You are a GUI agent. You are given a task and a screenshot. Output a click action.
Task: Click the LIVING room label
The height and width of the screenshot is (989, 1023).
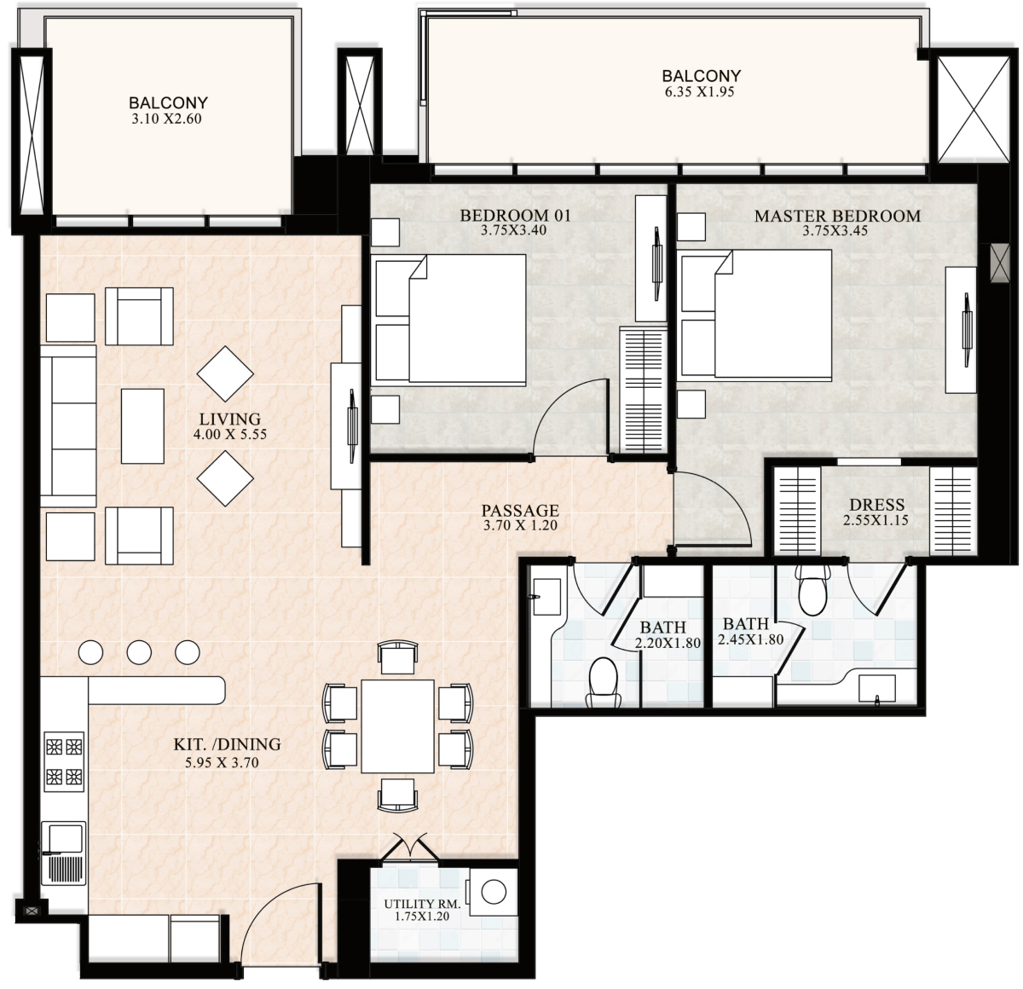(229, 419)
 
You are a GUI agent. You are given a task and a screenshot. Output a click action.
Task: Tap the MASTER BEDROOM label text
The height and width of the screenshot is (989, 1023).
(837, 216)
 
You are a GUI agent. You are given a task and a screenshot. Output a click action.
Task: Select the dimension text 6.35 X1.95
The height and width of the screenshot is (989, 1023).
(700, 92)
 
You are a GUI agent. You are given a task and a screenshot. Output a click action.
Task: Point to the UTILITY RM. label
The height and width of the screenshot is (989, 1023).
(422, 904)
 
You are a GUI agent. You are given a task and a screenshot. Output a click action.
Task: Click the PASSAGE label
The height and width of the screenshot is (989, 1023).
(520, 511)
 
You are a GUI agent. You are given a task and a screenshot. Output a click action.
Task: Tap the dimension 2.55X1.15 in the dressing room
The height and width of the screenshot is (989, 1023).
(876, 521)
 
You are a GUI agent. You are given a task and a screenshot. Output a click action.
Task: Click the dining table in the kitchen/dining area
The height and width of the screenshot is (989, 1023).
(397, 726)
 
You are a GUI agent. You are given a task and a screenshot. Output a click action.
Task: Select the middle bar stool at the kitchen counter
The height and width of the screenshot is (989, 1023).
(139, 652)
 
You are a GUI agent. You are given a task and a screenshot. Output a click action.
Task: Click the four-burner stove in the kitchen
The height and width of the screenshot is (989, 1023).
(64, 761)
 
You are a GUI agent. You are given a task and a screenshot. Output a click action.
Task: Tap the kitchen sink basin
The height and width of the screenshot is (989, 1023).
(65, 839)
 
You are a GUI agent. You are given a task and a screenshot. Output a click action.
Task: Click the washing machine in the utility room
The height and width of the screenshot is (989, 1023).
(493, 893)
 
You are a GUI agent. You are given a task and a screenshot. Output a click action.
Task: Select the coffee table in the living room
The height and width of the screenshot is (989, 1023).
(142, 426)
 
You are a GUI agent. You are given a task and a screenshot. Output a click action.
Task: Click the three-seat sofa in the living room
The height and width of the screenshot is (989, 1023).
(68, 426)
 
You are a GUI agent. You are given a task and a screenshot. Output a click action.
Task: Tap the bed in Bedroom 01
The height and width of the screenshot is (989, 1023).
(450, 318)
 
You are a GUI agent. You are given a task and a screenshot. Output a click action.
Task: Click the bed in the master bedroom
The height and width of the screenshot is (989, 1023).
(756, 315)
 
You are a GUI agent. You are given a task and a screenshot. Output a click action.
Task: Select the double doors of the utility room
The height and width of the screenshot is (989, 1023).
(409, 847)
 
